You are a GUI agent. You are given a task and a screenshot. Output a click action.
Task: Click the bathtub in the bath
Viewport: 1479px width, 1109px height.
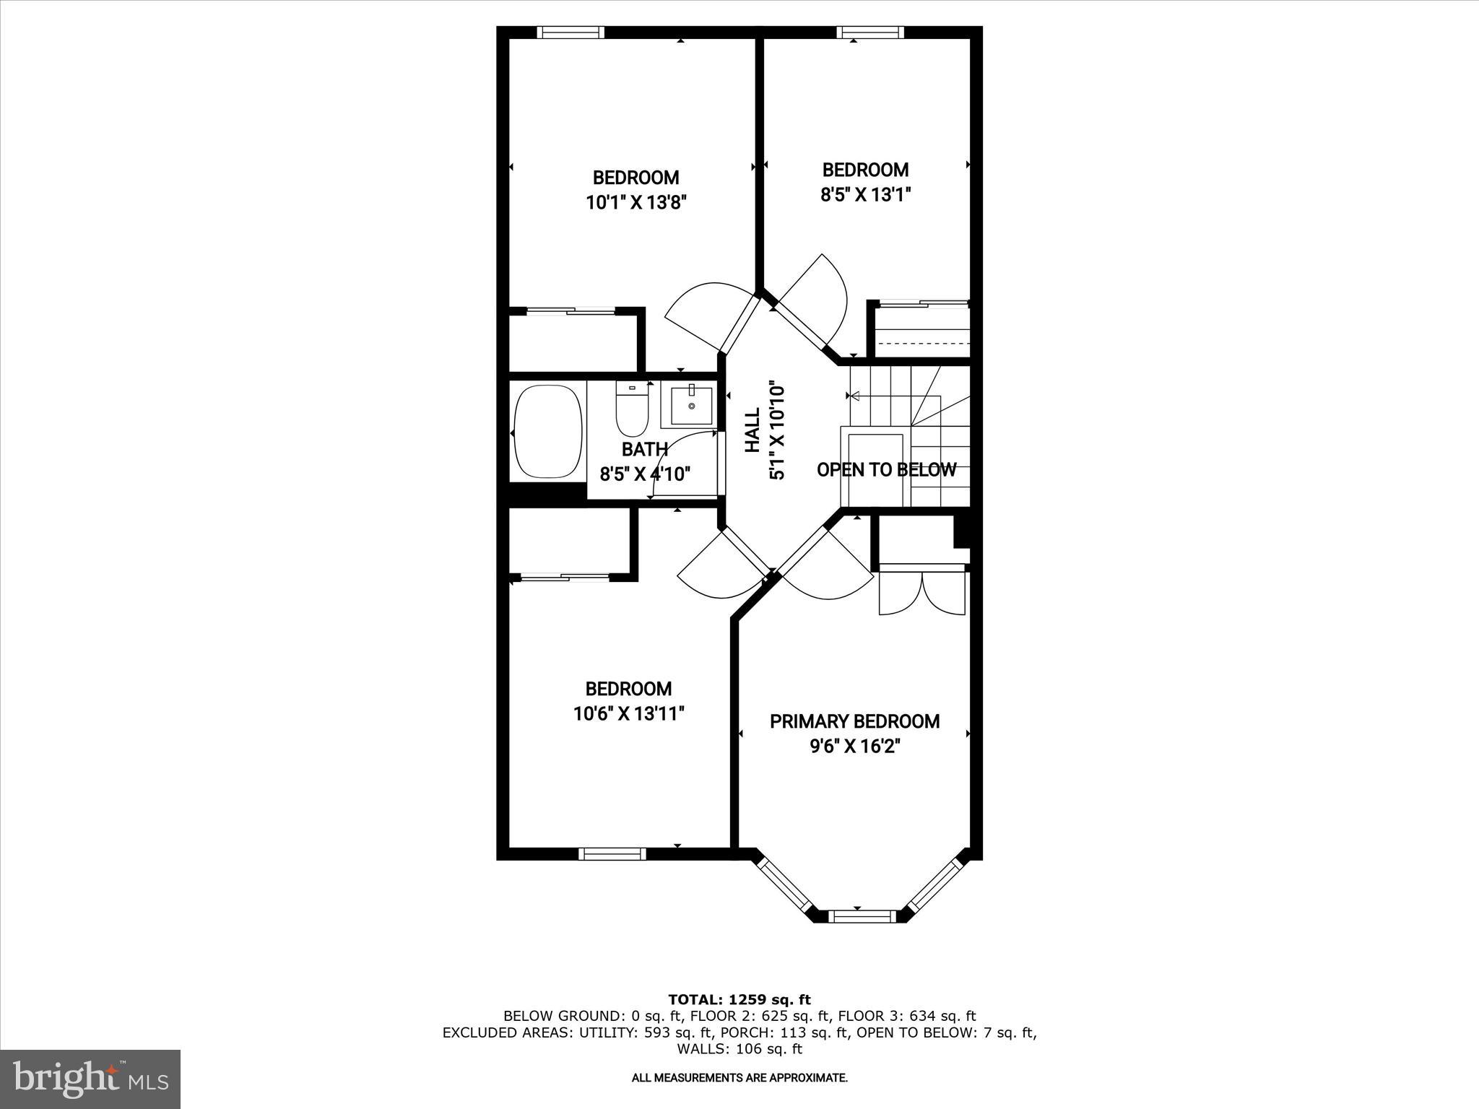548,432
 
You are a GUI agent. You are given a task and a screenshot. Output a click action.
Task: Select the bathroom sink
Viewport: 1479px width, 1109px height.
691,406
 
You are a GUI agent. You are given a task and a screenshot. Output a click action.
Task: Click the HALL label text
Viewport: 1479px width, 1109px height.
752,430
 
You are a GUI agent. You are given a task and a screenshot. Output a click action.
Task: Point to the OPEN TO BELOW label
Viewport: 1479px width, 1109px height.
886,470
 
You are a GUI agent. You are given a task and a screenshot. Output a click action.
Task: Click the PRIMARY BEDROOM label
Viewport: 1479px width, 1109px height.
854,721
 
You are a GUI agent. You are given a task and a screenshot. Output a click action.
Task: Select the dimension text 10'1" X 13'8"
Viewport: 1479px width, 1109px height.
636,202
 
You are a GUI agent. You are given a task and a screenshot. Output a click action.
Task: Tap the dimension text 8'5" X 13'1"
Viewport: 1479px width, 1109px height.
865,194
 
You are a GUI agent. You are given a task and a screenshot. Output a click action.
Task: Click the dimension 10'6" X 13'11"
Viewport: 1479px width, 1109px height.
628,714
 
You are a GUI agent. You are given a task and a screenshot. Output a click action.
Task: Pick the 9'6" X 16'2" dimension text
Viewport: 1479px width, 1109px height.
854,746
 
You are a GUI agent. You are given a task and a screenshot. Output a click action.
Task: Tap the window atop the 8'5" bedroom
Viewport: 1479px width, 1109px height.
870,32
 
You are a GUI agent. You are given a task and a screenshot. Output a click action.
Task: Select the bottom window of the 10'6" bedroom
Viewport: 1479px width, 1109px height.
612,854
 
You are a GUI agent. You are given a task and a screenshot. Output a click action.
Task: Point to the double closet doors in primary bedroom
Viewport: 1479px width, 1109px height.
922,592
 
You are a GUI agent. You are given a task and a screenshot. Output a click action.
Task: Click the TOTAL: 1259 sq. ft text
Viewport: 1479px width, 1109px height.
739,999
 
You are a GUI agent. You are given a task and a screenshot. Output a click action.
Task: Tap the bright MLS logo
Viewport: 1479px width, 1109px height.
90,1079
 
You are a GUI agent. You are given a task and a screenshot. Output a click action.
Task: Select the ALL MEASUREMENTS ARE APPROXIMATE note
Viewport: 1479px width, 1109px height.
739,1078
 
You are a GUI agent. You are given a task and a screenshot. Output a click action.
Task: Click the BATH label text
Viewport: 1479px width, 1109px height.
644,449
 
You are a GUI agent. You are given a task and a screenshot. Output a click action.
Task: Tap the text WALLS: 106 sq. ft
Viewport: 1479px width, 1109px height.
739,1049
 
